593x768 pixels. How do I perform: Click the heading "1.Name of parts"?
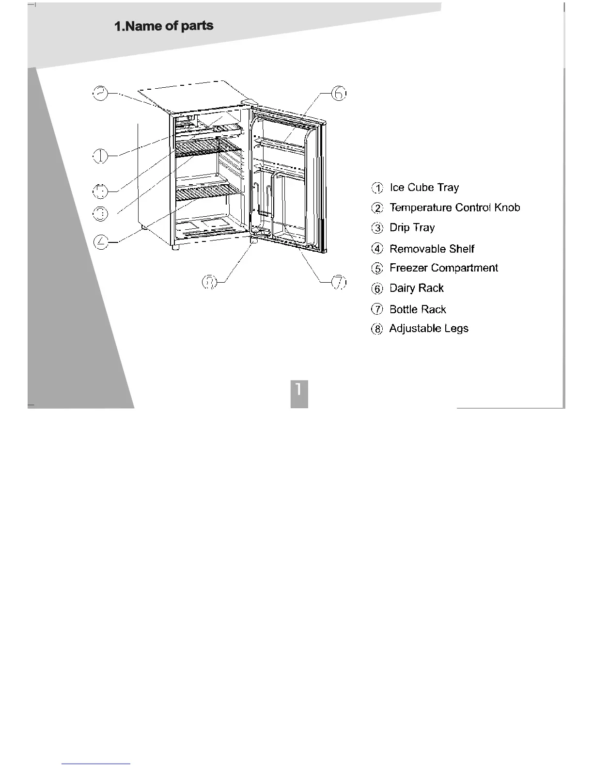164,26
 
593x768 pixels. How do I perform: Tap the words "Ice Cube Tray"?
424,188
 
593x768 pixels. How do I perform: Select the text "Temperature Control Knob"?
454,208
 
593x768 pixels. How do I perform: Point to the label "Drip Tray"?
412,228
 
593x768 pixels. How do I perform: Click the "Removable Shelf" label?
432,249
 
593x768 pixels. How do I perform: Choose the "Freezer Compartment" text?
443,268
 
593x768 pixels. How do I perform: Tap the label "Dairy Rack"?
416,288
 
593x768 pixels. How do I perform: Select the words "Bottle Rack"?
418,309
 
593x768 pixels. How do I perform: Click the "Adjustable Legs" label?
429,329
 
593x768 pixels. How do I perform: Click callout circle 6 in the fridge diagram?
339,93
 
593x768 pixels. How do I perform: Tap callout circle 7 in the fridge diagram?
339,282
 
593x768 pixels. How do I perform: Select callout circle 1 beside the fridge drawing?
100,156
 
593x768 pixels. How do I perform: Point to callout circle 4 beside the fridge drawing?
100,241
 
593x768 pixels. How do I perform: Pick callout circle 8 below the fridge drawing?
209,282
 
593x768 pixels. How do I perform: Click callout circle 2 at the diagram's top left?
100,93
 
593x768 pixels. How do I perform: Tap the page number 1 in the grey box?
299,389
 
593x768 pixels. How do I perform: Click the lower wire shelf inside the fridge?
208,192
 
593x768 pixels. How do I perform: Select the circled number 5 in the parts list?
377,269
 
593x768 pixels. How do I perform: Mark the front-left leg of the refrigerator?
174,247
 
